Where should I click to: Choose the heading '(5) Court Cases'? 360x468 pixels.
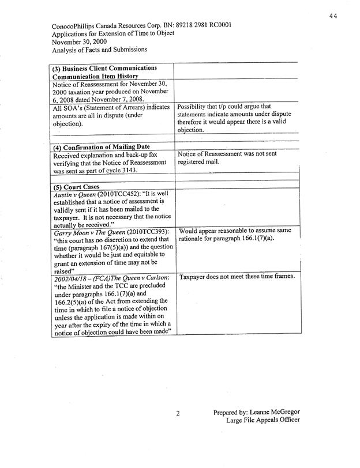pos(76,187)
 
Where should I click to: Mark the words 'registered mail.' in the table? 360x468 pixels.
pos(200,163)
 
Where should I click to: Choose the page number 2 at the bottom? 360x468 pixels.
pos(178,413)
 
